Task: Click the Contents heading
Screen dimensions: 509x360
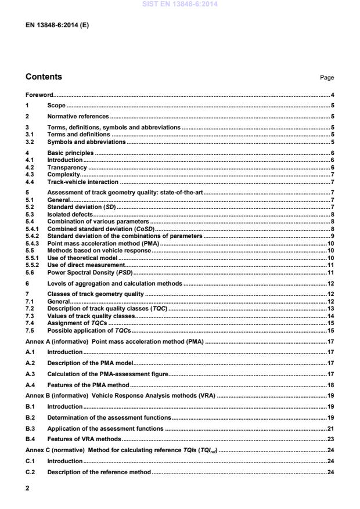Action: [x=44, y=77]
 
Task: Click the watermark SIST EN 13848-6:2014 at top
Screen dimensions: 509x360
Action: [x=179, y=4]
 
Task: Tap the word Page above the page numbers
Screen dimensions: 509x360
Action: [x=327, y=78]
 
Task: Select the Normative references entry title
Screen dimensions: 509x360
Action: [x=77, y=117]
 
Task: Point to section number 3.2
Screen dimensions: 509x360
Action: [x=30, y=142]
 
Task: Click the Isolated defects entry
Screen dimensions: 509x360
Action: [x=69, y=214]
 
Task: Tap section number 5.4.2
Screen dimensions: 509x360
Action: [x=34, y=237]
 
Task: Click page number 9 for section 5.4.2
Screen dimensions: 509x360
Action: [x=332, y=237]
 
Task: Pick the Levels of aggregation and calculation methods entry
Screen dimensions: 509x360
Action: [x=114, y=283]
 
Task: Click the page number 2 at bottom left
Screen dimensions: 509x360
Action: [x=28, y=489]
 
